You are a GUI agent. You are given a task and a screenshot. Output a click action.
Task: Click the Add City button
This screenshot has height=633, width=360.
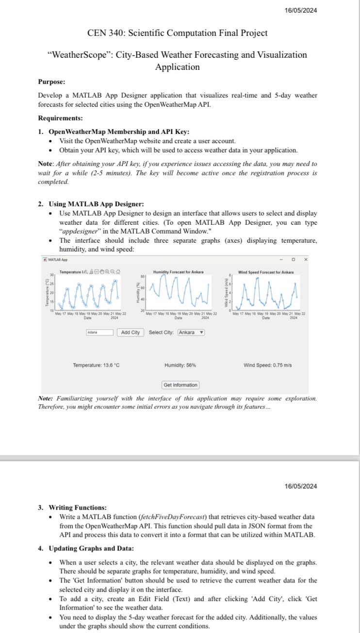click(x=130, y=332)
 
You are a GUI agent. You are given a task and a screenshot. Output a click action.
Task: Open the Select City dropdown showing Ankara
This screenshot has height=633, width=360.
click(x=191, y=332)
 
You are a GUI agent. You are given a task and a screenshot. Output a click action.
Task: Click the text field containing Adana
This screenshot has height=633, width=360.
click(x=99, y=333)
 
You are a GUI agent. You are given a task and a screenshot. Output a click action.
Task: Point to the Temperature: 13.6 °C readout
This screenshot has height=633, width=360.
click(x=96, y=365)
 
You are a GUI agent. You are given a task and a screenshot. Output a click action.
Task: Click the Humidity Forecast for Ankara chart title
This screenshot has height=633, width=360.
click(x=178, y=272)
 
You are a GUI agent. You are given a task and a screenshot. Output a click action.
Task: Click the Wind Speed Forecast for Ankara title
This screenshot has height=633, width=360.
click(x=266, y=272)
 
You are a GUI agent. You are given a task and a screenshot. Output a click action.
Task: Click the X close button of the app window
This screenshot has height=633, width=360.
click(x=305, y=260)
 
